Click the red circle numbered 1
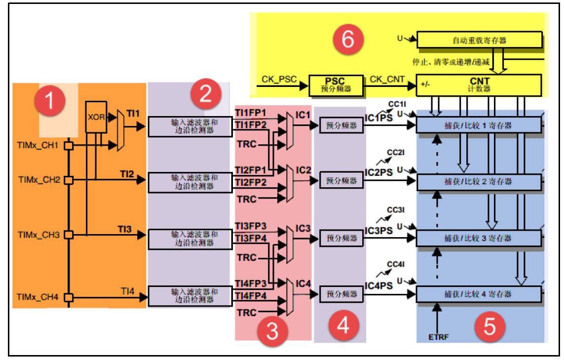pyautogui.click(x=49, y=101)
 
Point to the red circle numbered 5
pyautogui.click(x=489, y=326)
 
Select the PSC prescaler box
pyautogui.click(x=335, y=84)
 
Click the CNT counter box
pyautogui.click(x=478, y=84)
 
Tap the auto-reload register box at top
pyautogui.click(x=479, y=40)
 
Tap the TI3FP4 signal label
pyautogui.click(x=251, y=239)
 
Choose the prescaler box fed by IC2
pyautogui.click(x=341, y=181)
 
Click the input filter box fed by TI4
pyautogui.click(x=190, y=295)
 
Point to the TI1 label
pyautogui.click(x=133, y=113)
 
